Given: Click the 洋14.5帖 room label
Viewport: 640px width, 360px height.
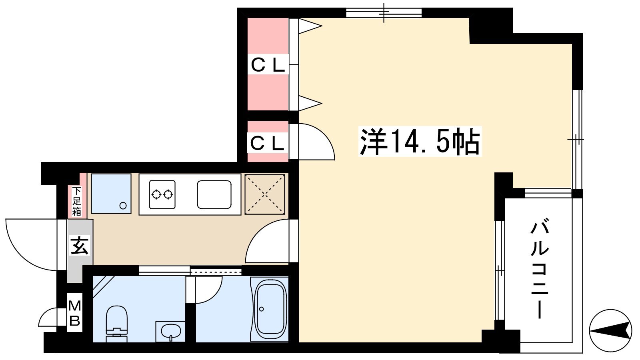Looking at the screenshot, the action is [420, 141].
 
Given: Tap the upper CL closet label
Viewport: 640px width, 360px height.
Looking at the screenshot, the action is [268, 64].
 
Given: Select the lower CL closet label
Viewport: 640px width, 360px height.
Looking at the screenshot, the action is [267, 143].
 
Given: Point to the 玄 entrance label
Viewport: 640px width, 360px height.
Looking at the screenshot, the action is [80, 245].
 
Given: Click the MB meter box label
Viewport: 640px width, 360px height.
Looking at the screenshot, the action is [75, 313].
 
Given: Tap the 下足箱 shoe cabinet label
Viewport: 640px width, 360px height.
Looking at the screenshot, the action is [76, 201].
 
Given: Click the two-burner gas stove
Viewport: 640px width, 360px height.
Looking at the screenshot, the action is [162, 194].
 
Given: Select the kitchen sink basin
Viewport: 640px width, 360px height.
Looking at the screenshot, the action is [214, 194].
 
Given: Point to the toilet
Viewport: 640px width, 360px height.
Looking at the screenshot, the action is [116, 324].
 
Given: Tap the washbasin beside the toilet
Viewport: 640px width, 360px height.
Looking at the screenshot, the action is [170, 332].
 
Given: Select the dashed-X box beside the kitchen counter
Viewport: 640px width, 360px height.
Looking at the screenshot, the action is [265, 194].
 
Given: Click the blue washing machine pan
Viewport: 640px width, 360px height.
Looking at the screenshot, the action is [111, 194].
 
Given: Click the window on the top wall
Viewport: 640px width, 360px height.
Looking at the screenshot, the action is [384, 12].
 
